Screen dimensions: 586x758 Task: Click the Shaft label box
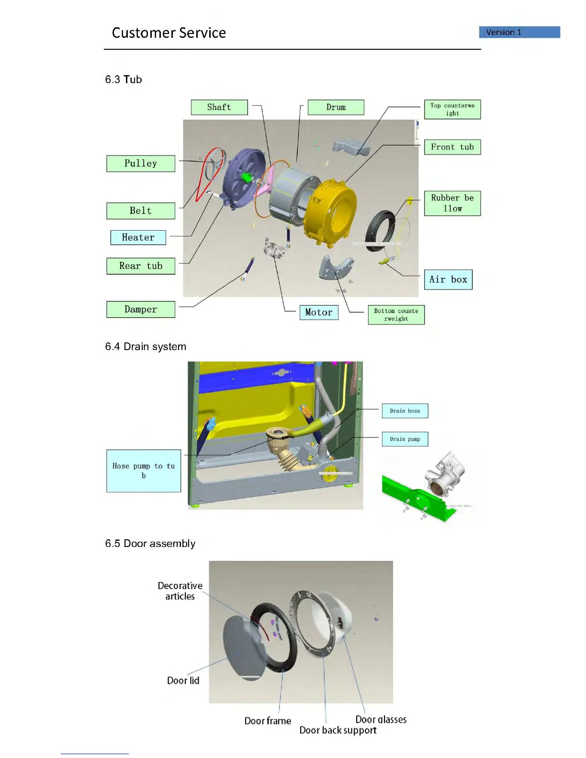[x=219, y=107]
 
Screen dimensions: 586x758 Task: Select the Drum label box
[x=336, y=107]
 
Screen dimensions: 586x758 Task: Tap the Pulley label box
[x=141, y=163]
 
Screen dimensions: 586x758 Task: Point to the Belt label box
[x=141, y=211]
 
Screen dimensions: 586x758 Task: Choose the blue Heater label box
[x=138, y=237]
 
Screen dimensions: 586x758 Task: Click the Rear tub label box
[x=141, y=266]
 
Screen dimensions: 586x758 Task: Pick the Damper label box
[x=141, y=310]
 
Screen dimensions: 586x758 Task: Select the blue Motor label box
[x=319, y=312]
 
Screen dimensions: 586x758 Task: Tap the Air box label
[x=448, y=279]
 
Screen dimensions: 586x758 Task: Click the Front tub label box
[x=452, y=147]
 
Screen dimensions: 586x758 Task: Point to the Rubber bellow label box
[x=452, y=203]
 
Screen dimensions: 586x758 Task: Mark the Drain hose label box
[x=405, y=411]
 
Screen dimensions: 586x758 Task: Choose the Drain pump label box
[x=405, y=439]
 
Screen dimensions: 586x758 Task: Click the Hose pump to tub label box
[x=144, y=471]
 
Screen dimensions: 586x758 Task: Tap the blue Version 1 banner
[x=519, y=32]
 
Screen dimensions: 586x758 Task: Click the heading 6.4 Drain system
[x=146, y=346]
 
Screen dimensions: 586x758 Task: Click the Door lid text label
[x=183, y=680]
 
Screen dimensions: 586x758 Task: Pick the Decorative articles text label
[x=180, y=591]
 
